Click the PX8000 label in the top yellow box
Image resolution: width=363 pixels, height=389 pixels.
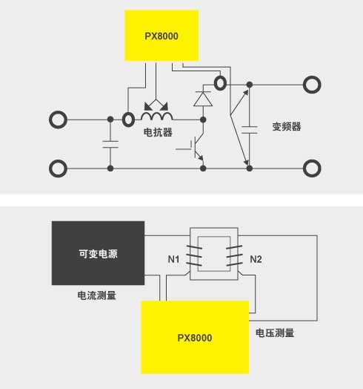(x=161, y=36)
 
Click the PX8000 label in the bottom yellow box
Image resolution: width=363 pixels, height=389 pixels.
(x=195, y=338)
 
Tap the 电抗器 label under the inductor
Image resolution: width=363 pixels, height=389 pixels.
(x=158, y=132)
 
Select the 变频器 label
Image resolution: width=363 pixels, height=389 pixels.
(x=287, y=126)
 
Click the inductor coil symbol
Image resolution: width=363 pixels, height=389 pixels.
(x=157, y=116)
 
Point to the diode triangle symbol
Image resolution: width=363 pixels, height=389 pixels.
(x=203, y=99)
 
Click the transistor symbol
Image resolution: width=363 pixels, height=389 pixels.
(x=196, y=148)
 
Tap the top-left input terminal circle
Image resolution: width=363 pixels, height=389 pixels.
(x=59, y=120)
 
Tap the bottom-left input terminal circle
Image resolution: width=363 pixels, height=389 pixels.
(x=59, y=169)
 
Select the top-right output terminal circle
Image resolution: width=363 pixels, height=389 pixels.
(x=312, y=85)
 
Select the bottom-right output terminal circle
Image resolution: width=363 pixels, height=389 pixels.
(x=312, y=169)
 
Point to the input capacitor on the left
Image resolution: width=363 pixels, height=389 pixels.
(x=110, y=144)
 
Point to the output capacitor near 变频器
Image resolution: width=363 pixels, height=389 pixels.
(x=250, y=130)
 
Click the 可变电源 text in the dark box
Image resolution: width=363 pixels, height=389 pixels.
(x=98, y=254)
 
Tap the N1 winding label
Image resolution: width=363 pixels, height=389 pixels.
(x=173, y=259)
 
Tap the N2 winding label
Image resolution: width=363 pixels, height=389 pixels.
(x=256, y=259)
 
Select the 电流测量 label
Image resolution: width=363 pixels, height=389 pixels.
(x=96, y=295)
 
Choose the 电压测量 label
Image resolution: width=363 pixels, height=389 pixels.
(x=275, y=333)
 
